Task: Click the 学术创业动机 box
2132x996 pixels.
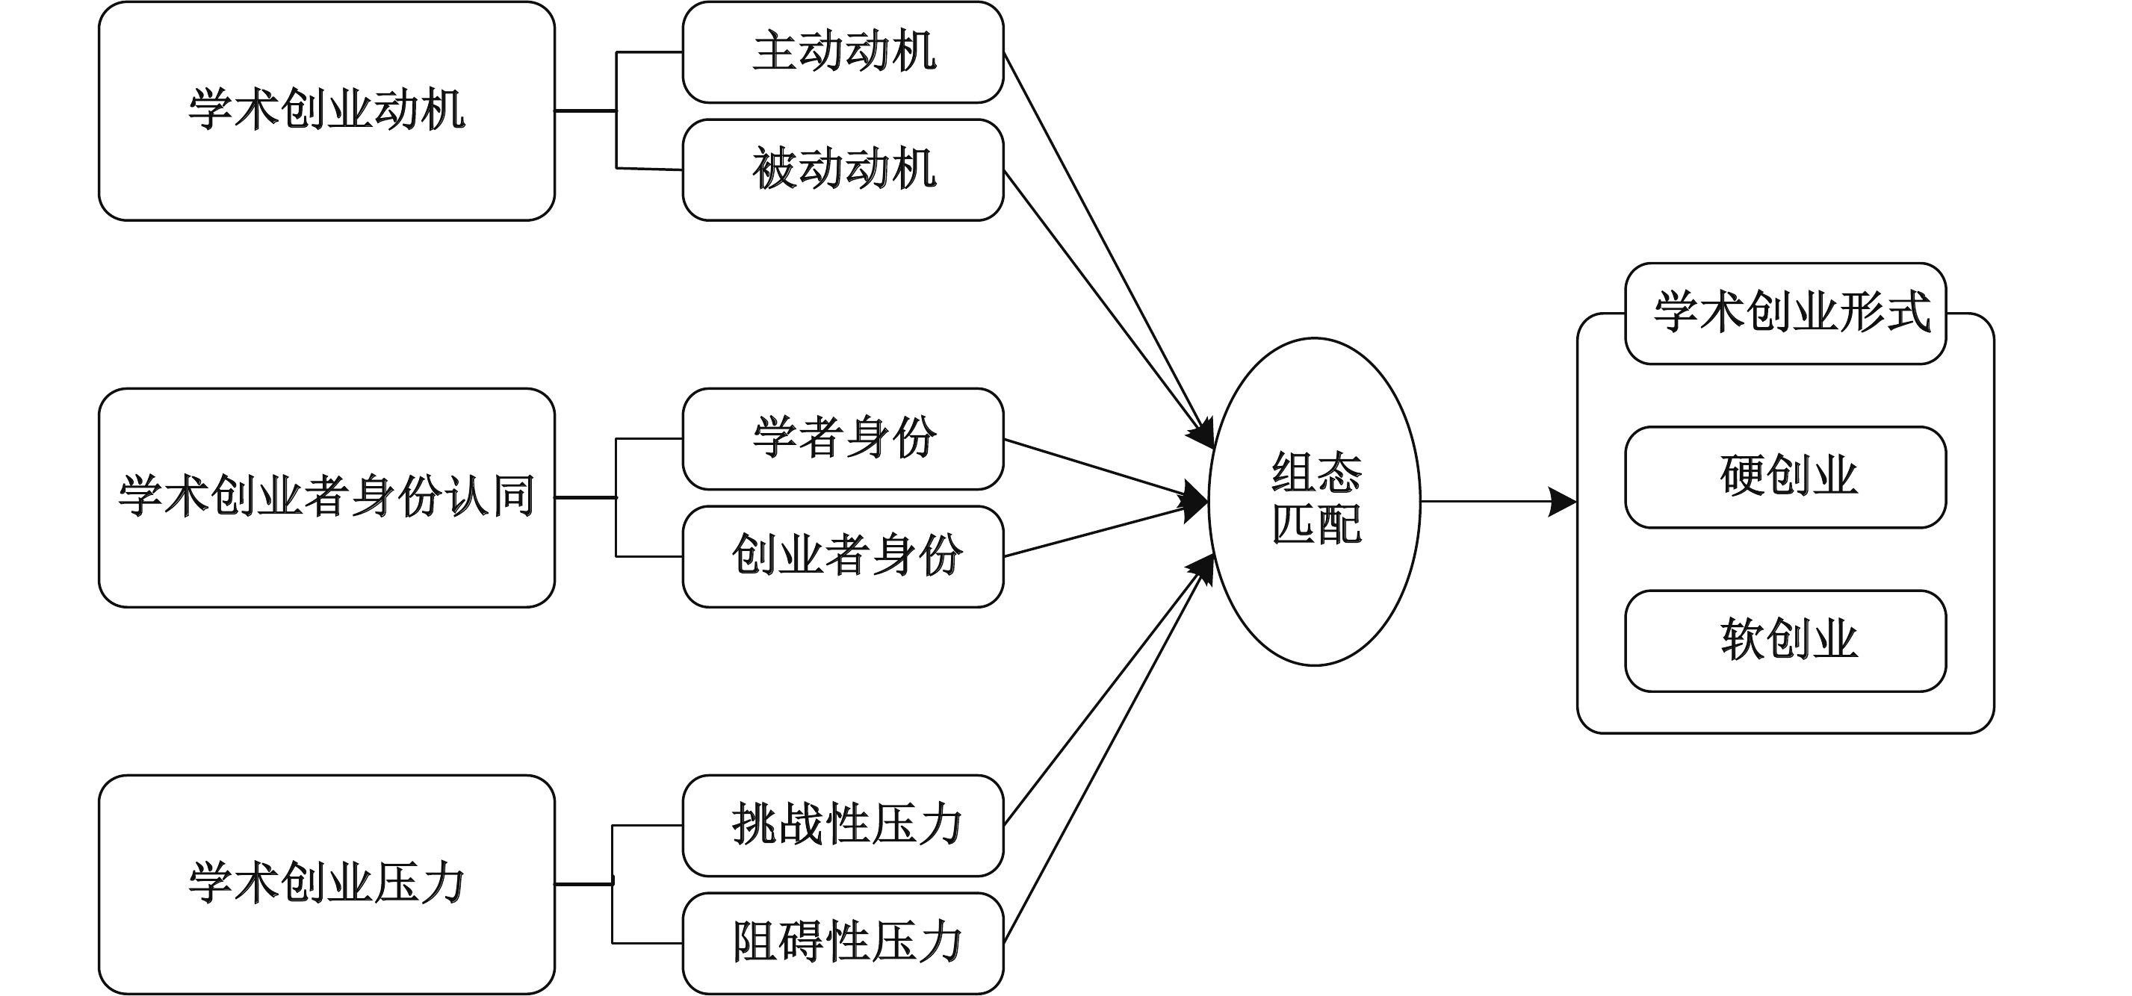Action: click(326, 111)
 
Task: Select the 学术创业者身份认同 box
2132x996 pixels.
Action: click(326, 497)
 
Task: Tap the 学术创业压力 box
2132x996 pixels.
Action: click(326, 883)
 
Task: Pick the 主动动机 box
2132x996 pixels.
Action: click(843, 52)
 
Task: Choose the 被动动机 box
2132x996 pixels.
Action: click(843, 169)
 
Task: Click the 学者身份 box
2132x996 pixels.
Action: click(843, 438)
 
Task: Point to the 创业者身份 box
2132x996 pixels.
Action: click(843, 556)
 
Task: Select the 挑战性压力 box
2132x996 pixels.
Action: click(843, 825)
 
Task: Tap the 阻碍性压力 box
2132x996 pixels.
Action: click(843, 942)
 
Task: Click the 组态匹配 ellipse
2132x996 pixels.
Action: click(1314, 501)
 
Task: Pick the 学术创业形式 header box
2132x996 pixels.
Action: click(1785, 314)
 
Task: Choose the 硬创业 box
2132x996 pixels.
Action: click(1785, 477)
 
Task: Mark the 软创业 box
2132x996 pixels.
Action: click(1785, 641)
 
